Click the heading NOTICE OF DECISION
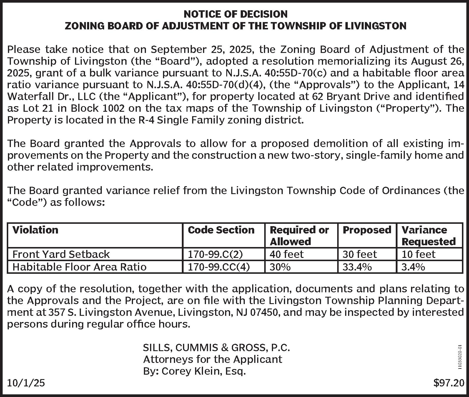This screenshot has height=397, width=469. click(235, 14)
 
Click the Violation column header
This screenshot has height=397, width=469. click(35, 230)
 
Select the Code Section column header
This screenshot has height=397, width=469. click(221, 230)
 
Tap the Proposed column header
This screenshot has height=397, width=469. click(367, 230)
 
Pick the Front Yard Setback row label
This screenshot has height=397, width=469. click(61, 254)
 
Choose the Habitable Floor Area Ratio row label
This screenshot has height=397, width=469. click(79, 267)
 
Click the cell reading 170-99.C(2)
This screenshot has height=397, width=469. click(215, 254)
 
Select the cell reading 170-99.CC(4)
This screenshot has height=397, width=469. click(219, 267)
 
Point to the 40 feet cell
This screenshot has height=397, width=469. click(286, 254)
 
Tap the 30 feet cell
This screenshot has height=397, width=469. click(360, 254)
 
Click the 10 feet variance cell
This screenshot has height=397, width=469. click(418, 254)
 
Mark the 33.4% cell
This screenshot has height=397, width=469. click(357, 267)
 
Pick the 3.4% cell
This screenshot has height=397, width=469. click(413, 267)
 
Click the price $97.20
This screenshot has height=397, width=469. click(449, 383)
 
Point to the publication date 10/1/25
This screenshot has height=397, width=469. click(26, 383)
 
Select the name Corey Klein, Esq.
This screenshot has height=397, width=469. click(203, 371)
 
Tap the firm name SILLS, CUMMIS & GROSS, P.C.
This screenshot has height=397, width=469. click(216, 348)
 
